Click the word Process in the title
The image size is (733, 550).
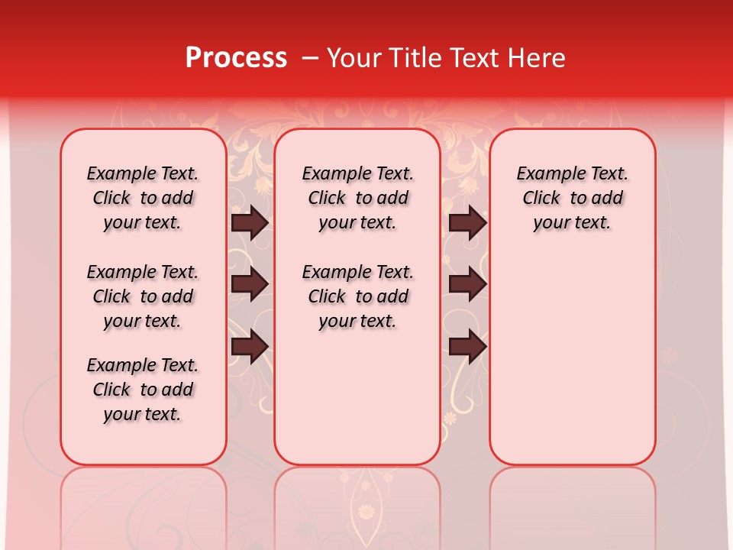tap(236, 57)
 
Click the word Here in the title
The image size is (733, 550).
tap(536, 57)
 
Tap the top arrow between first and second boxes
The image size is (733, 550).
tap(250, 222)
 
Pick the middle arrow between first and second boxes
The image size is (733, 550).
tap(250, 284)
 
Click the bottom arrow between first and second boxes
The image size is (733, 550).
tap(250, 346)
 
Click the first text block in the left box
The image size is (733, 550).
tap(143, 198)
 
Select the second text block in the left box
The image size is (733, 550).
tap(143, 296)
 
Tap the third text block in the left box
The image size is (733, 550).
tap(143, 390)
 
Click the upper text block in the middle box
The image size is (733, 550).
tap(357, 198)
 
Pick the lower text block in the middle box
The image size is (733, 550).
tap(357, 296)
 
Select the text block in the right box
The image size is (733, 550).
tap(572, 198)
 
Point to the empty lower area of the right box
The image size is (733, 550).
tap(572, 359)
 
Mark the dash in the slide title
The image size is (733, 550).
tap(310, 58)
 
